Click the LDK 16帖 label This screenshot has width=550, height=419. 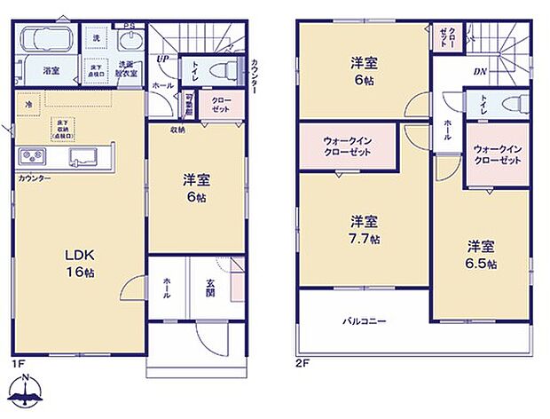78,262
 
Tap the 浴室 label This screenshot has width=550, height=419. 51,71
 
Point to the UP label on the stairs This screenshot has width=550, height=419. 161,59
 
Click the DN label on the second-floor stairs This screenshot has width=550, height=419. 479,71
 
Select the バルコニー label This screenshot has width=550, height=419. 365,320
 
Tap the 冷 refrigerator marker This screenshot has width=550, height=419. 28,104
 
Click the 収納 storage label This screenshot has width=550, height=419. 178,130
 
